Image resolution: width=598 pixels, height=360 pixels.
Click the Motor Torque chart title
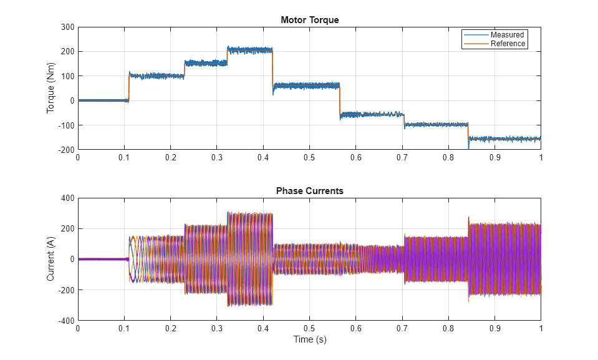click(309, 20)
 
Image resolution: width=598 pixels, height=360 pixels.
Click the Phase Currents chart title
click(309, 191)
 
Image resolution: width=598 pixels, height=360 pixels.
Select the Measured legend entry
click(507, 35)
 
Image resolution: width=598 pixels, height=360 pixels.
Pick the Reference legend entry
click(508, 44)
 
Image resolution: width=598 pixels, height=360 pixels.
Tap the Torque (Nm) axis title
click(51, 88)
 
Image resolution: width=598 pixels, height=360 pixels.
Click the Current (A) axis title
click(51, 259)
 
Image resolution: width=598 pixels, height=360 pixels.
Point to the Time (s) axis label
click(309, 340)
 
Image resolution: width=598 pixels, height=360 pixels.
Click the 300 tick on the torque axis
click(67, 27)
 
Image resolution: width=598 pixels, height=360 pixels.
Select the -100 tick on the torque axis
click(65, 125)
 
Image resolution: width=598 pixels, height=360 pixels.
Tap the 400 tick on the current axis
click(67, 198)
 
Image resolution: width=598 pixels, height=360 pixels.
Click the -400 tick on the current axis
click(65, 321)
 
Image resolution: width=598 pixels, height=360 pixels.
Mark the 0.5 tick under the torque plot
click(309, 158)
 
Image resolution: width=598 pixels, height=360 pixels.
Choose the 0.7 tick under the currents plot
click(402, 328)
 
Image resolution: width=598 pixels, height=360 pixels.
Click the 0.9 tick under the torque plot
click(494, 158)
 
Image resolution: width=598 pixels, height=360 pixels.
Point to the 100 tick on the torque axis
click(67, 76)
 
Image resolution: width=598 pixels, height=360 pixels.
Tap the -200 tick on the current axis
click(65, 290)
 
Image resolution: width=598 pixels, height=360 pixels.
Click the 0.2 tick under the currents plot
click(170, 328)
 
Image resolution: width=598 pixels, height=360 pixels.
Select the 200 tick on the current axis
click(67, 229)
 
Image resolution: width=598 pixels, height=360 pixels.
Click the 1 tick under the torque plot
click(541, 158)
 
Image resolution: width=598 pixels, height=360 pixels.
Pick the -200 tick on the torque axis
click(65, 150)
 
